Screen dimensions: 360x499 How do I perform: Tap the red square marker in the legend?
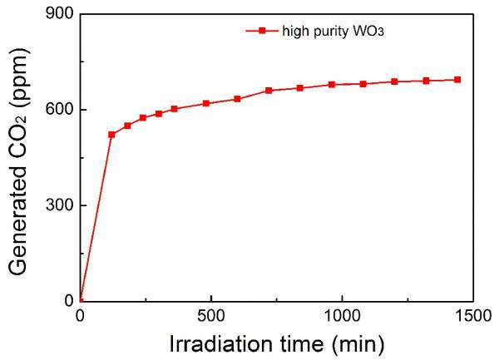tap(262, 31)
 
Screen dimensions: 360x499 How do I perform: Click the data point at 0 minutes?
tap(80, 300)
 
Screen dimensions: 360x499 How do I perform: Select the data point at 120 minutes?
tap(111, 134)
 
